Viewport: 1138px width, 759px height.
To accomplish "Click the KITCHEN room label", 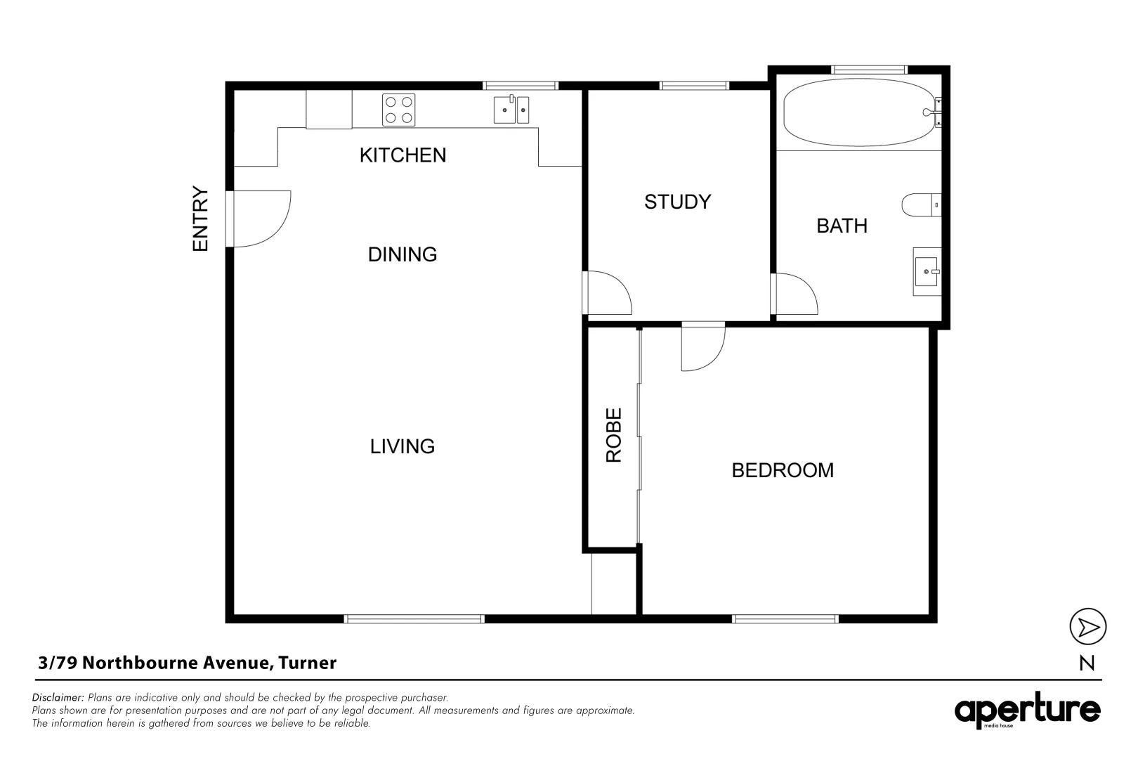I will click(x=403, y=155).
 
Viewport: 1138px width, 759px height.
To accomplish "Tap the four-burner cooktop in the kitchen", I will click(x=398, y=110).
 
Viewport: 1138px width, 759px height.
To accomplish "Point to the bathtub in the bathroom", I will click(x=858, y=112).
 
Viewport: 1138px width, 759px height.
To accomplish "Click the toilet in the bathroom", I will click(x=920, y=205).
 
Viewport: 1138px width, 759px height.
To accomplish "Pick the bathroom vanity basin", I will click(x=927, y=271).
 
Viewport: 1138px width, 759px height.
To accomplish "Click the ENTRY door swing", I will click(x=260, y=219).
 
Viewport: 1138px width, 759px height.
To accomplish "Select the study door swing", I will click(x=608, y=292).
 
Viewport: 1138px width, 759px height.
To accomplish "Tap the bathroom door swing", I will click(x=795, y=294).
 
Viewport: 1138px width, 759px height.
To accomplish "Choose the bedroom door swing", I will click(x=702, y=346).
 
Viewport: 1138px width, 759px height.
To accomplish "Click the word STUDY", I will click(x=677, y=202).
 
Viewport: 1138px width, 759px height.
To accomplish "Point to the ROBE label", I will click(x=614, y=435).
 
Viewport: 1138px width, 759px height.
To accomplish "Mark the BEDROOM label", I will click(x=783, y=470).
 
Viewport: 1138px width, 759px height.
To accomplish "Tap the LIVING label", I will click(x=403, y=446).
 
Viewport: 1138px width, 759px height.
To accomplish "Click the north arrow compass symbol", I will click(x=1087, y=626).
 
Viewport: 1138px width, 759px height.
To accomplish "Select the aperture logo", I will click(x=1027, y=711).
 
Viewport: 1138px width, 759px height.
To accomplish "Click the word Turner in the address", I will click(x=308, y=663).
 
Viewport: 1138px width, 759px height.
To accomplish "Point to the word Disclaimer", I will click(x=58, y=698).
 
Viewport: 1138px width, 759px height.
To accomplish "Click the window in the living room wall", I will click(x=414, y=618).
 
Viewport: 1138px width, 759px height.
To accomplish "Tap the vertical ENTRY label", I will click(x=201, y=219).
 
